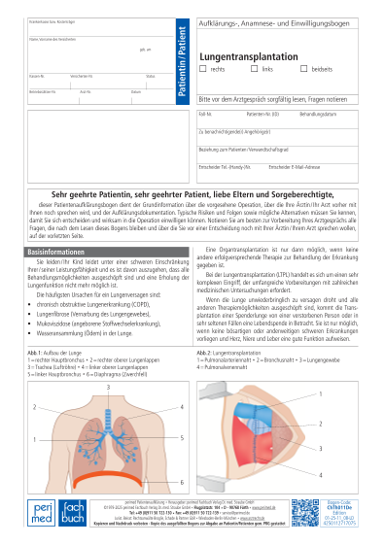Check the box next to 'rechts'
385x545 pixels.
204,70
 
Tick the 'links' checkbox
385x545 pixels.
257,70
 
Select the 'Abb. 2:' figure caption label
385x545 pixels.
204,351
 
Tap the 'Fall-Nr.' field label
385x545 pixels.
206,114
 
